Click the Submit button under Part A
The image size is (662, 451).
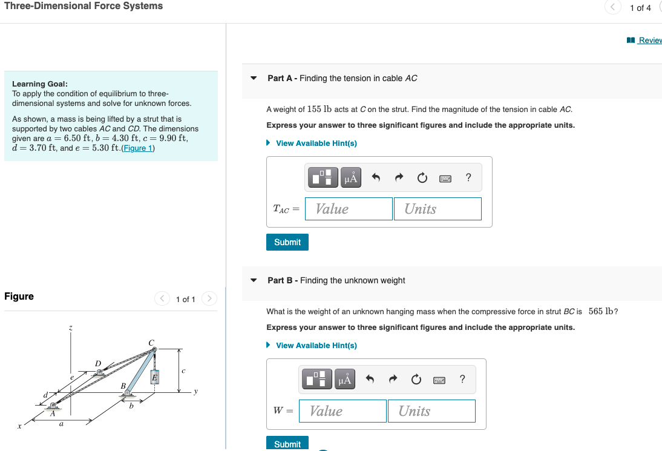click(287, 242)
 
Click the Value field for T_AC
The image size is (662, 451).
click(349, 209)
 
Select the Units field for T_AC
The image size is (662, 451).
click(437, 209)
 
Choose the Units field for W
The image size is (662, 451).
click(431, 411)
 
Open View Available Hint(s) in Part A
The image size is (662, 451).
click(316, 143)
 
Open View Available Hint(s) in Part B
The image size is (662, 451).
click(316, 346)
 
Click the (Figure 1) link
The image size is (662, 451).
click(139, 148)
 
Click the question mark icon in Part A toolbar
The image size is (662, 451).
click(468, 177)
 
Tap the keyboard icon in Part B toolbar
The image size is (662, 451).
click(440, 380)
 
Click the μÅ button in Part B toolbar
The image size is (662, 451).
click(345, 380)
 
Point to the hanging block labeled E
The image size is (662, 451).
click(154, 377)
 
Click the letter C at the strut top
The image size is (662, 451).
click(151, 343)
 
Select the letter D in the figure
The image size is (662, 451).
click(98, 363)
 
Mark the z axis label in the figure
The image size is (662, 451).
click(71, 328)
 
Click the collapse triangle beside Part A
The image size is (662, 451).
click(254, 78)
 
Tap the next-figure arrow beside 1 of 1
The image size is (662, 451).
click(209, 298)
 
